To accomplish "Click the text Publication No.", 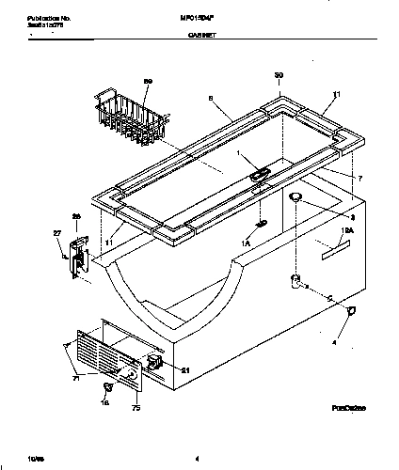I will point(39,15).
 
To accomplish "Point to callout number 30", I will point(279,74).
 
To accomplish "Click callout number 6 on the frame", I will point(211,97).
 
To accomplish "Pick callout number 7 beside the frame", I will point(357,177).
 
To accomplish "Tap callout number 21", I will point(185,369).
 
